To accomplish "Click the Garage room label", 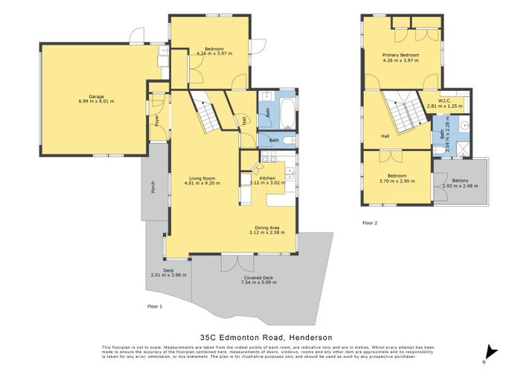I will tap(96, 97).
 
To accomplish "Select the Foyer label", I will tap(157, 120).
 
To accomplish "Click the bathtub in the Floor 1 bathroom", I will tap(286, 113).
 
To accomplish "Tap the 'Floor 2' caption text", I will tap(370, 222).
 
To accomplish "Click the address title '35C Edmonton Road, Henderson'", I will tap(260, 336).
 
